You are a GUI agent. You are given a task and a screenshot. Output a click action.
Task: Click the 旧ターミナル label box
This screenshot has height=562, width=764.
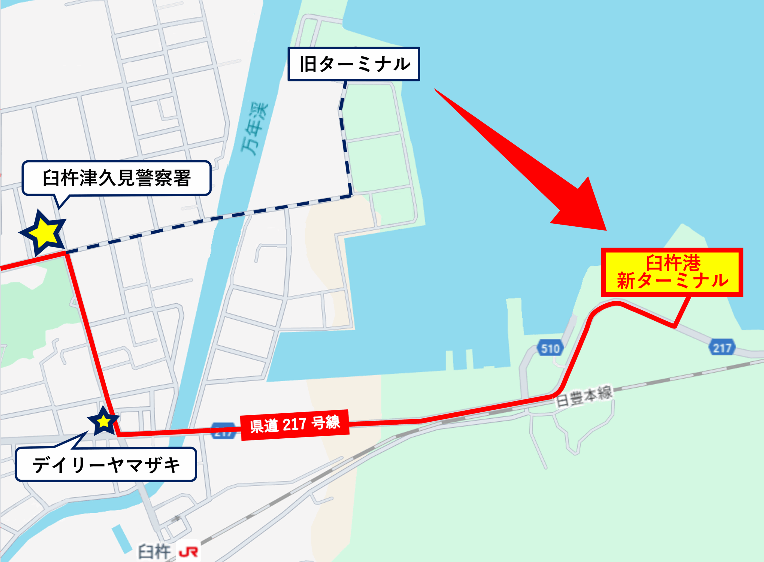point(354,64)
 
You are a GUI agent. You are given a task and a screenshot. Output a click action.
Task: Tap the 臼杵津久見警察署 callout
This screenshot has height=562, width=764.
point(117,178)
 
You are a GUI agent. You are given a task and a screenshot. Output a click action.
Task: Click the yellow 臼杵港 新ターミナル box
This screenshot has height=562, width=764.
point(672,272)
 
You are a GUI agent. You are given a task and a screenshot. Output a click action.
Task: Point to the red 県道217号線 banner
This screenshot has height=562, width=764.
point(295,425)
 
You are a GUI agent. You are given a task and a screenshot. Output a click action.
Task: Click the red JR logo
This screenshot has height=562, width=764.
point(188,552)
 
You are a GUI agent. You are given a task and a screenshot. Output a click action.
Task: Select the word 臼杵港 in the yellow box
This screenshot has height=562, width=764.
point(673,262)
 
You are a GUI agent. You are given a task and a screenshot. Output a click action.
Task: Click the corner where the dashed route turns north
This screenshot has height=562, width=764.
point(351,195)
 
